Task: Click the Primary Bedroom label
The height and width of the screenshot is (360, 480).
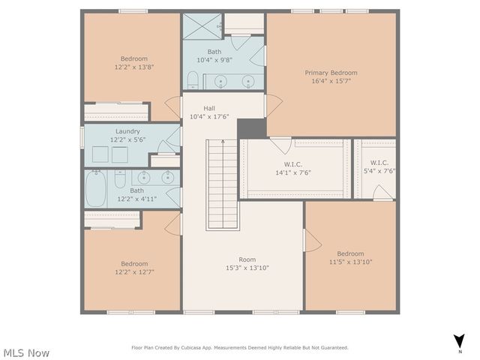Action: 331,73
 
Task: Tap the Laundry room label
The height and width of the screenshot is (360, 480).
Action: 127,131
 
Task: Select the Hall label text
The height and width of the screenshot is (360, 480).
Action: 209,108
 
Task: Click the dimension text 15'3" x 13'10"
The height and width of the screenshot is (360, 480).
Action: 247,268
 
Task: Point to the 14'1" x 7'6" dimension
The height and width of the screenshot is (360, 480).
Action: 292,172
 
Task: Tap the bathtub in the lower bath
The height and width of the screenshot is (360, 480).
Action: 95,189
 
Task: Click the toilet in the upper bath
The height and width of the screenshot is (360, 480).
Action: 193,79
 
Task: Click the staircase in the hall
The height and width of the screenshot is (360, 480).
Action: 223,184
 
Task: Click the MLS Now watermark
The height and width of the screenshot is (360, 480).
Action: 26,352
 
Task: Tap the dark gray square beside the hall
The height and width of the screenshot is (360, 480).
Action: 251,128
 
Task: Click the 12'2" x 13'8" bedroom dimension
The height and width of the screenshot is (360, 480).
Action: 134,67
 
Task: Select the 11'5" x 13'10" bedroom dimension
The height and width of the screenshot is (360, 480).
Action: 350,262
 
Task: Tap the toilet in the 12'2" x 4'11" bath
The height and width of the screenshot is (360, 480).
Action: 119,180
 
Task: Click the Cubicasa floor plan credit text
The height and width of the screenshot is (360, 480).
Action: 240,347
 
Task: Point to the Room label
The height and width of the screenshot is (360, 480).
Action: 247,259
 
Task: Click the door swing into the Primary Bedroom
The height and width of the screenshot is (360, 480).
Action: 273,105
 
